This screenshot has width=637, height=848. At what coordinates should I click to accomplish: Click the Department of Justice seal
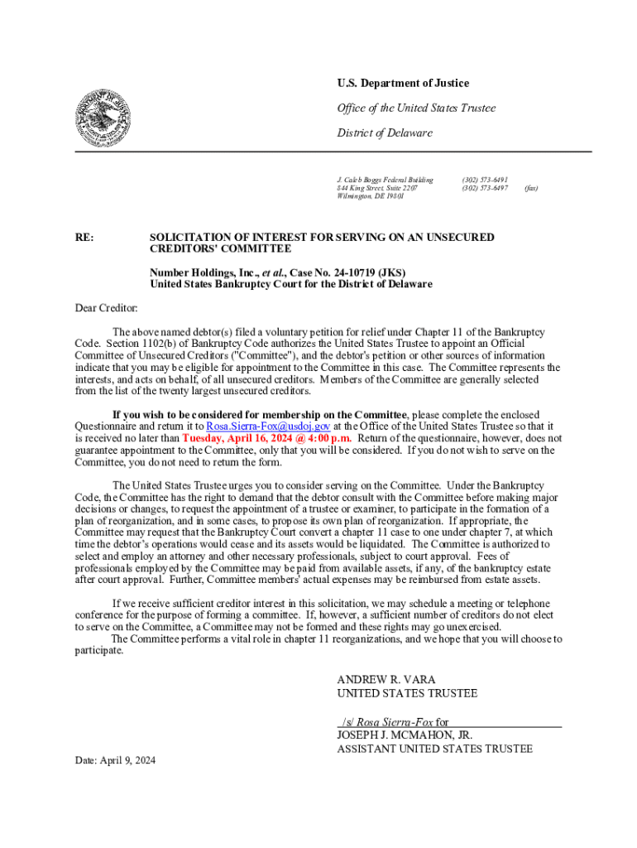[103, 118]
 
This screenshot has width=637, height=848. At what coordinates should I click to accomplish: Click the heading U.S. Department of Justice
[403, 83]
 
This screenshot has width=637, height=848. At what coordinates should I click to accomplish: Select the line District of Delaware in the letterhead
[384, 133]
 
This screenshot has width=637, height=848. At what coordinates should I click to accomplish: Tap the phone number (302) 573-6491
[485, 179]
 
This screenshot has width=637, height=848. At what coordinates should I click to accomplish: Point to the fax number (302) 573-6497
[485, 188]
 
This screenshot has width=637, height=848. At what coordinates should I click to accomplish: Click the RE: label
[84, 238]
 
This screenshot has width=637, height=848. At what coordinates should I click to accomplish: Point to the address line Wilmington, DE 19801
[371, 197]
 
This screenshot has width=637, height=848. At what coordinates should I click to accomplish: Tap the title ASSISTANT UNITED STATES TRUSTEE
[434, 749]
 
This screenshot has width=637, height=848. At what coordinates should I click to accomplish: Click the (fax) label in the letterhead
[530, 188]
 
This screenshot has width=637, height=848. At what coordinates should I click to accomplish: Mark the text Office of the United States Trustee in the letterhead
[416, 108]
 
